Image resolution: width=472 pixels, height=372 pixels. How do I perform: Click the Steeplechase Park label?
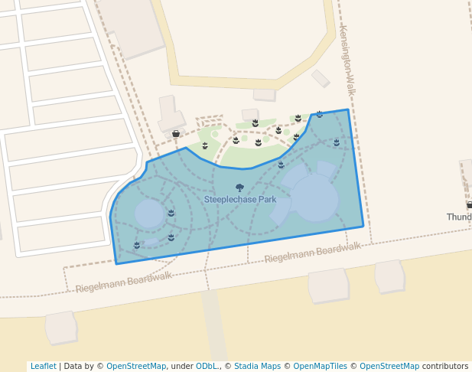click(240, 200)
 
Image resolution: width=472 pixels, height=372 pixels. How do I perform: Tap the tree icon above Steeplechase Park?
click(239, 188)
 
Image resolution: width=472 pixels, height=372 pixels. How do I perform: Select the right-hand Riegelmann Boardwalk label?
click(312, 253)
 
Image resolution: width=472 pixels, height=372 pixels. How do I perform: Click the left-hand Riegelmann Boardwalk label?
click(123, 282)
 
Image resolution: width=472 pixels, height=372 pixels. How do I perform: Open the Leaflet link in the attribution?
click(43, 366)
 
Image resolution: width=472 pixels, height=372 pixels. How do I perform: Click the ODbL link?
click(207, 366)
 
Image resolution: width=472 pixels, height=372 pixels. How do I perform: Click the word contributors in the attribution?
click(445, 366)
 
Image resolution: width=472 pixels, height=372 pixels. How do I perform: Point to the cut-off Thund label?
click(459, 217)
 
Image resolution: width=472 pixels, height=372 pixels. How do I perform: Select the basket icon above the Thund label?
click(469, 204)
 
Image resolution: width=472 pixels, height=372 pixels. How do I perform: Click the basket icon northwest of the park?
click(176, 134)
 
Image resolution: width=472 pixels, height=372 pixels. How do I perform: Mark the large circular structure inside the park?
click(314, 197)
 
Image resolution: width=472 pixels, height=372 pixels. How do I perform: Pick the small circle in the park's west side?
click(150, 214)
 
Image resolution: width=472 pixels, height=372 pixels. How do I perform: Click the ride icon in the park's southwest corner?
click(137, 245)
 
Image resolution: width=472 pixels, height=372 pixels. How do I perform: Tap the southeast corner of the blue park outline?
click(363, 226)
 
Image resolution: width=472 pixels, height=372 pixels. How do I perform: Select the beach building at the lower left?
click(61, 327)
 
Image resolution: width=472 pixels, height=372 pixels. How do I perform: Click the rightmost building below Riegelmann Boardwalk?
click(389, 276)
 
